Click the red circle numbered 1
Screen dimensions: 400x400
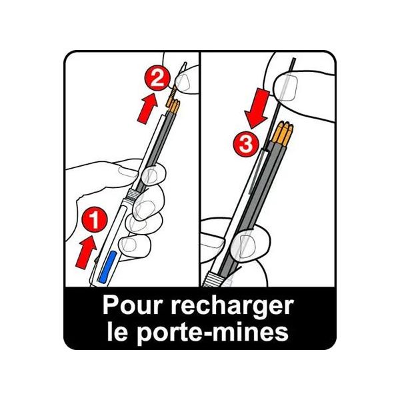pyautogui.click(x=95, y=219)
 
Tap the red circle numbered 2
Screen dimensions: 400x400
pyautogui.click(x=157, y=78)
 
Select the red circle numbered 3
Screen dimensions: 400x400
pyautogui.click(x=246, y=144)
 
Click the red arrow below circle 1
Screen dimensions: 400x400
pyautogui.click(x=87, y=252)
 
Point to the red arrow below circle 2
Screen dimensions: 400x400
pyautogui.click(x=147, y=108)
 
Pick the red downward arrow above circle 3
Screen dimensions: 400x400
pyautogui.click(x=258, y=108)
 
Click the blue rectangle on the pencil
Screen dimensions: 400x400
pyautogui.click(x=108, y=266)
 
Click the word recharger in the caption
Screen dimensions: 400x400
pyautogui.click(x=233, y=307)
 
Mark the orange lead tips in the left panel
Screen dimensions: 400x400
pyautogui.click(x=173, y=106)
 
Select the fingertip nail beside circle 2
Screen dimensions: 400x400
pyautogui.click(x=183, y=82)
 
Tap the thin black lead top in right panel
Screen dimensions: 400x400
pyautogui.click(x=293, y=64)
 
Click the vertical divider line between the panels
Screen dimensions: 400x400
pyautogui.click(x=200, y=169)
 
